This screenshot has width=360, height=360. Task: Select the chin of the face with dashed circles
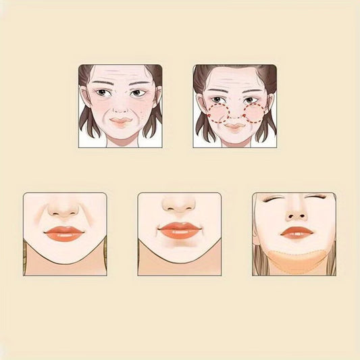pos(235,140)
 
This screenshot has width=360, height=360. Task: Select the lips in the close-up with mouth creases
pos(64,233)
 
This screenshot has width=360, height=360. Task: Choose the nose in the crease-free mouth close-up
pos(179,205)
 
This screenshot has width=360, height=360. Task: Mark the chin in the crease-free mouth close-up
pos(179,255)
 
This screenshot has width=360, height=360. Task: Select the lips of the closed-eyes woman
pos(297,233)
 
